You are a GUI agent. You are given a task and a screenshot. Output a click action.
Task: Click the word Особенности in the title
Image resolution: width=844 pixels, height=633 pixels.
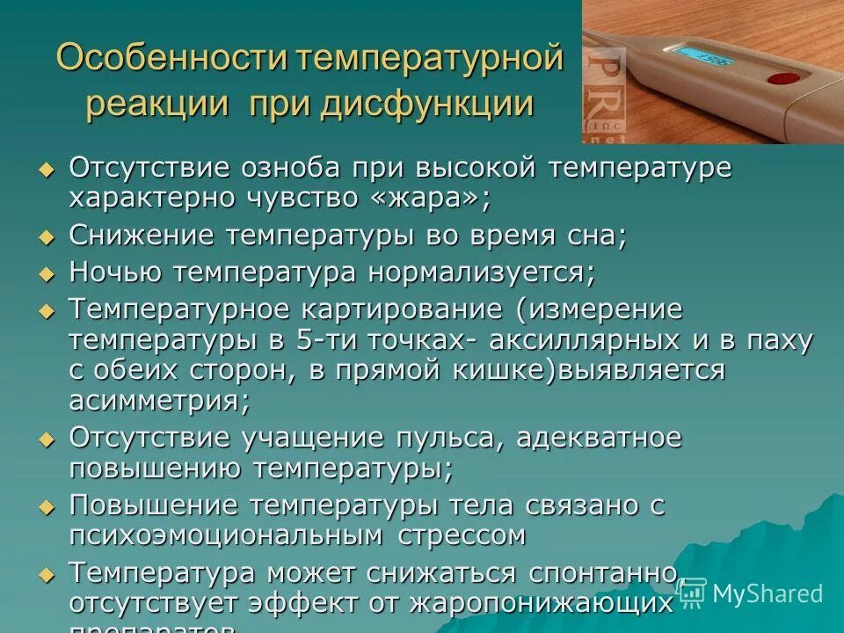pos(171,59)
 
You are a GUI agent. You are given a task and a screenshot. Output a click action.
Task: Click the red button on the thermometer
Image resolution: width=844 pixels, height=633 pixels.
pos(778,78)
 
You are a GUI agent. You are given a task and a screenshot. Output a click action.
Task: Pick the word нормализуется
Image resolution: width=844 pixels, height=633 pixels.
pos(481,273)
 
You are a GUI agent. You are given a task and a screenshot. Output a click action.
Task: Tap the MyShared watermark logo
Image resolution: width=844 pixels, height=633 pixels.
pos(753,593)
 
